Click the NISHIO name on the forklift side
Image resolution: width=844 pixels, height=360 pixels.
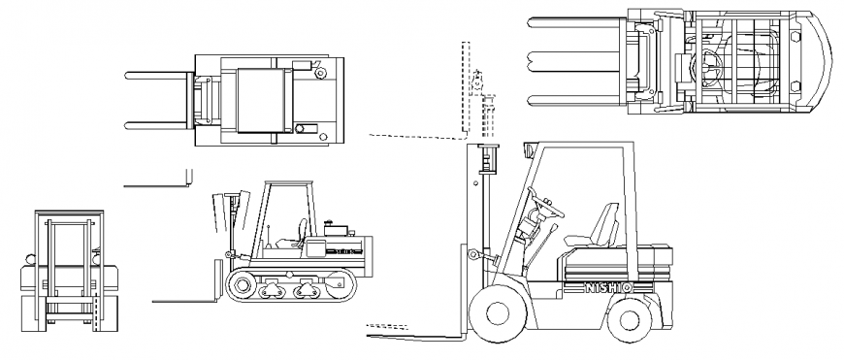609,287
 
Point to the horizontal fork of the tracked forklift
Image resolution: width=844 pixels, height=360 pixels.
184,301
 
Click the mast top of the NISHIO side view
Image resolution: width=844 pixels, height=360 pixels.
487,147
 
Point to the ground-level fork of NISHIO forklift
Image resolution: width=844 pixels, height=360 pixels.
417,337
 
